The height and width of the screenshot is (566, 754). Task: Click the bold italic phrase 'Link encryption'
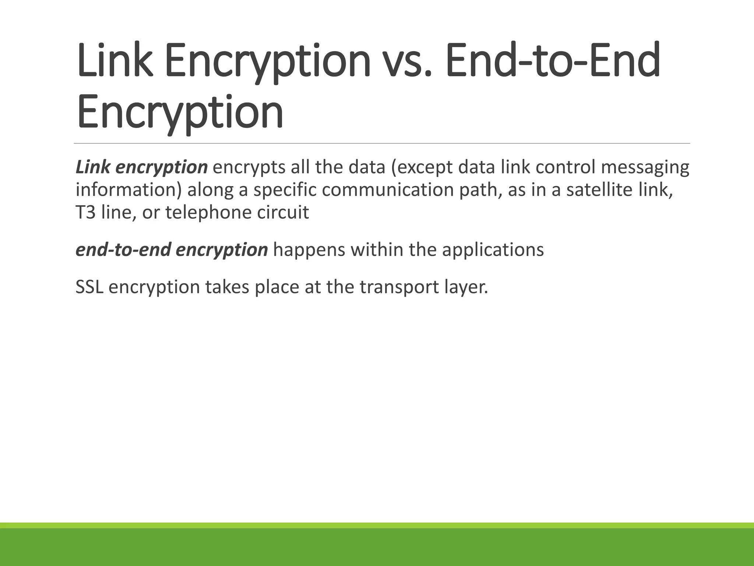point(142,167)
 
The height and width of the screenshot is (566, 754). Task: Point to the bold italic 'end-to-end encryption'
point(172,250)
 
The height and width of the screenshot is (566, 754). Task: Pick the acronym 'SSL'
point(89,287)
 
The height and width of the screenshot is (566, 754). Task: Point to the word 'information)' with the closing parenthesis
point(129,190)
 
